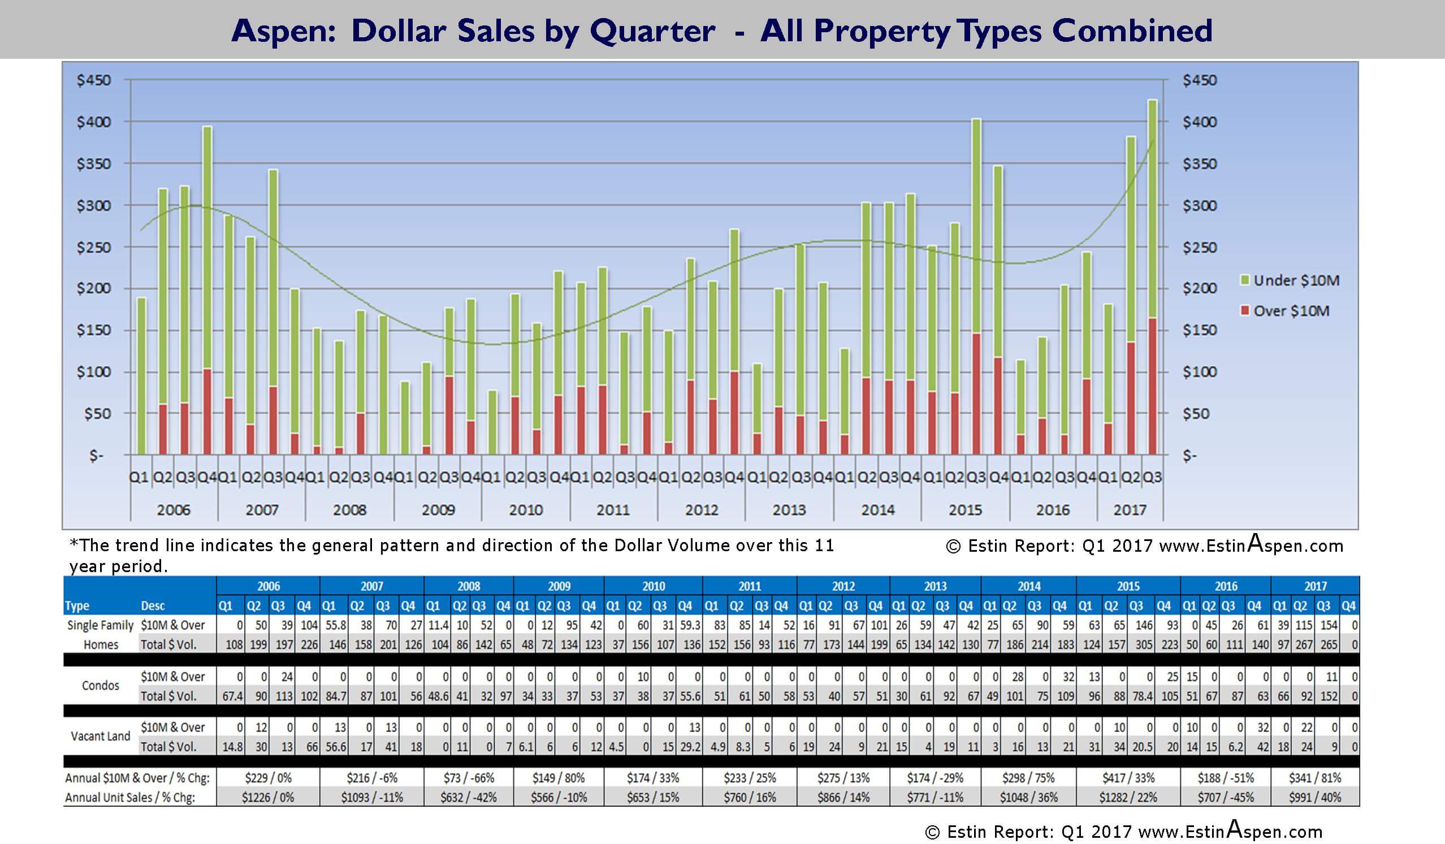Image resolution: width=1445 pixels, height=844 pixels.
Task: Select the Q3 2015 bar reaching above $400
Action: click(x=976, y=230)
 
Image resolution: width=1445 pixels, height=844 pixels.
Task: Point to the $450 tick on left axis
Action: click(x=94, y=80)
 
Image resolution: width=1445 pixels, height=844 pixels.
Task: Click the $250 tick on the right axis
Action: click(x=1200, y=248)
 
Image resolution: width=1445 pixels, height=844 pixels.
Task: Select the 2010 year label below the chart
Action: click(x=525, y=510)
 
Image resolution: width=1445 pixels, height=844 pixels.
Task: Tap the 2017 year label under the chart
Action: click(x=1130, y=510)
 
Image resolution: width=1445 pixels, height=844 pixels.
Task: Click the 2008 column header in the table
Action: click(x=469, y=586)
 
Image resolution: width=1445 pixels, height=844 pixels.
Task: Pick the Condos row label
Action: click(x=101, y=686)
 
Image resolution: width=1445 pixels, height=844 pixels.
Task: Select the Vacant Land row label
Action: click(x=101, y=736)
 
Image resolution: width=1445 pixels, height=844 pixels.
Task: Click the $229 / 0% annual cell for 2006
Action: click(x=268, y=778)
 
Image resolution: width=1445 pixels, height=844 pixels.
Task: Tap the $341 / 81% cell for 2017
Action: click(x=1315, y=778)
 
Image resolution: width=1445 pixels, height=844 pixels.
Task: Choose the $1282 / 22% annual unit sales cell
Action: click(x=1127, y=798)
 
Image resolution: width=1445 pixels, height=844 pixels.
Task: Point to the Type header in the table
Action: click(x=77, y=606)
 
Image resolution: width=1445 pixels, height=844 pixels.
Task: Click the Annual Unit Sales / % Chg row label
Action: click(x=129, y=798)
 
